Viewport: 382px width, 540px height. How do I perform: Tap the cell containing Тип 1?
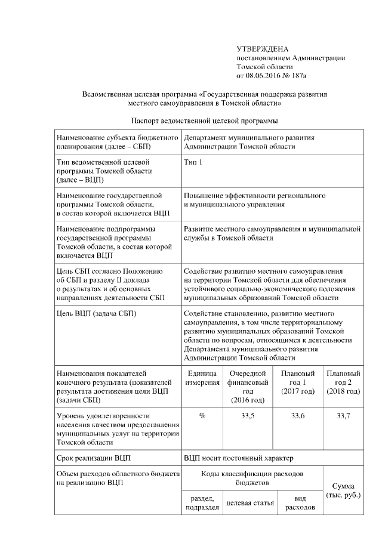[x=193, y=162]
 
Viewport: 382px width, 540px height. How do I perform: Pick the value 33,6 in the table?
[x=297, y=415]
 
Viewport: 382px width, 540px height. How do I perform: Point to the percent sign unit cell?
[x=202, y=415]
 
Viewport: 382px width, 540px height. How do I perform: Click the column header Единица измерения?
[x=202, y=377]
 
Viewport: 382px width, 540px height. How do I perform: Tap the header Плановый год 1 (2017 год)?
[x=297, y=382]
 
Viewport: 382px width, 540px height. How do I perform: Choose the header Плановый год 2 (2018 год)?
[x=343, y=382]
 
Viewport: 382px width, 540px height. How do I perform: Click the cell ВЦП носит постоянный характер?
[x=239, y=458]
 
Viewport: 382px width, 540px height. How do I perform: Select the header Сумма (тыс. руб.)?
[x=343, y=490]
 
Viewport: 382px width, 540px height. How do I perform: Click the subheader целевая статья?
[x=249, y=503]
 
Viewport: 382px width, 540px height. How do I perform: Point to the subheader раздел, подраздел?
[x=202, y=502]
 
